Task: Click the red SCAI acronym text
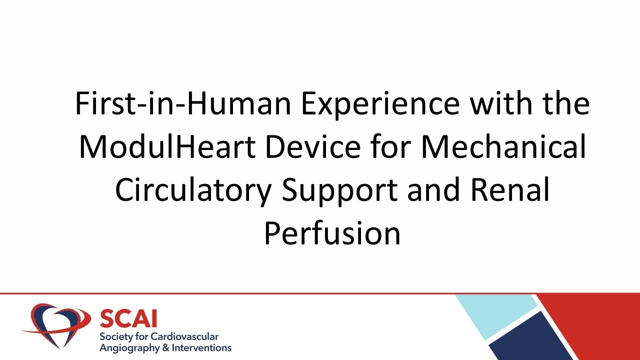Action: click(128, 318)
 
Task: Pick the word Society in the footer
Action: click(115, 336)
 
